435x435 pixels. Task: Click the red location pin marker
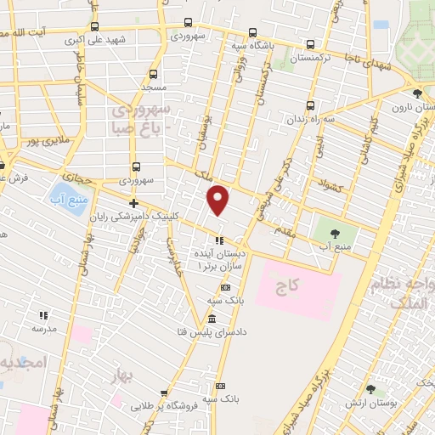click(x=219, y=199)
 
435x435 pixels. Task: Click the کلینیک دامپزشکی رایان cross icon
click(x=133, y=202)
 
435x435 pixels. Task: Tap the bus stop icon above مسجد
click(x=154, y=74)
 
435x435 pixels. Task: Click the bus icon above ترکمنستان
click(x=311, y=45)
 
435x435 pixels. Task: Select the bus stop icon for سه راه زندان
click(x=310, y=106)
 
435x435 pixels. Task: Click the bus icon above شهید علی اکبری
click(x=93, y=26)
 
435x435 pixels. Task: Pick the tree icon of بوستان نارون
click(x=415, y=94)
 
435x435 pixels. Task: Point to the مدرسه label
click(x=44, y=327)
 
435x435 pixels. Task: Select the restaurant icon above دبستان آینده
click(x=219, y=240)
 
